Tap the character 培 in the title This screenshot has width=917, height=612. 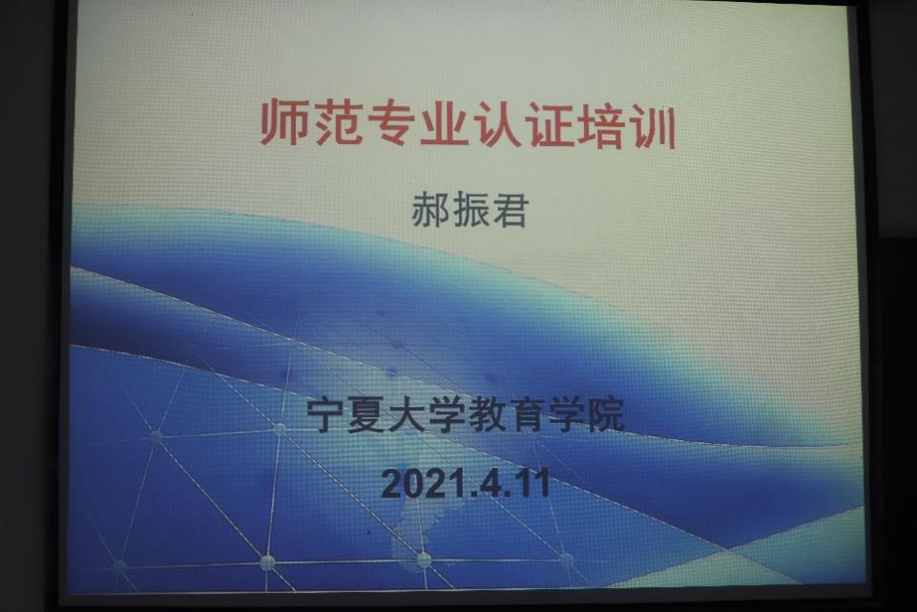(x=600, y=125)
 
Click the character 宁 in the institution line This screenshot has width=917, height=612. (x=326, y=414)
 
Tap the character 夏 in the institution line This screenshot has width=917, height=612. (x=366, y=414)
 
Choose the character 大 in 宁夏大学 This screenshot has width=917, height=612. (x=406, y=414)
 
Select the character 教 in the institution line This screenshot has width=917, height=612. (x=487, y=414)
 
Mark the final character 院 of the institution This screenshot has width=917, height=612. (x=606, y=414)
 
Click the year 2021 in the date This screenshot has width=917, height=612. (x=419, y=484)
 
